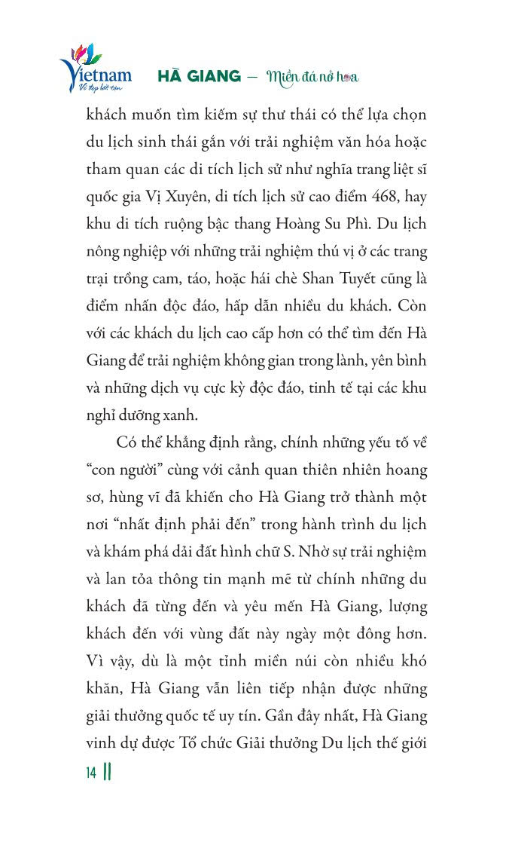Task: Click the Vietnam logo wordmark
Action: coord(96,75)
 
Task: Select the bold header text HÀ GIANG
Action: coord(199,77)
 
